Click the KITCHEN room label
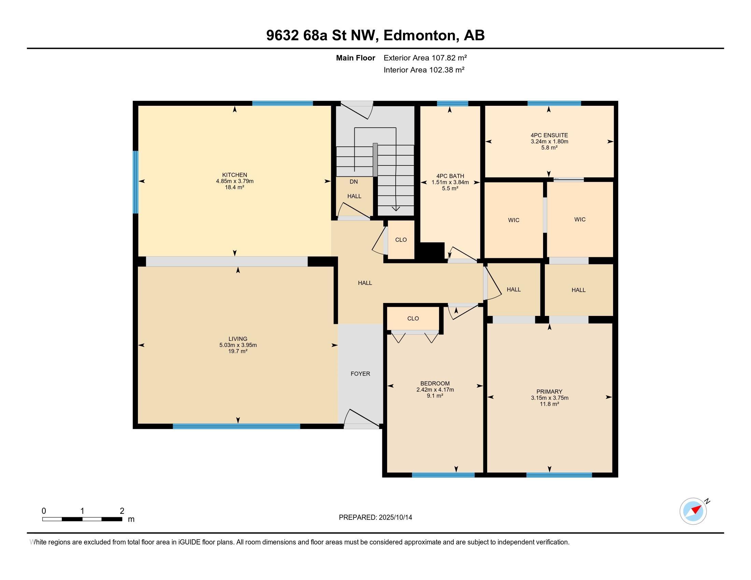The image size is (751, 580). point(235,175)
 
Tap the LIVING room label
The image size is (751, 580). point(238,339)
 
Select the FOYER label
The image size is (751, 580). point(360,374)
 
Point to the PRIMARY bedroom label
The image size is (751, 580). point(549,391)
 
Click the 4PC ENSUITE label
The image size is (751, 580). point(549,135)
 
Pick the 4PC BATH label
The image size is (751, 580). point(450,176)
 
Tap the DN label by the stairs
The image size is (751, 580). point(354,182)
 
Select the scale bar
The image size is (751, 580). point(82,519)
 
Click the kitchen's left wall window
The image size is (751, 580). point(136,182)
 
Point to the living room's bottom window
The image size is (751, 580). point(237,426)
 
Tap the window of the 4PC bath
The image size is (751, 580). point(453,103)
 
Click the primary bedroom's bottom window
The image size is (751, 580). point(559,475)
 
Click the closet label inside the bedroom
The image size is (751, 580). point(413,319)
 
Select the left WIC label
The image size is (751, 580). point(514,220)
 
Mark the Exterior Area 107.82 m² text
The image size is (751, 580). point(425,58)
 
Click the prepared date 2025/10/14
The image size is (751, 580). point(395,518)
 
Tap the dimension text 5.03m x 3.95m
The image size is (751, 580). point(238,345)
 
